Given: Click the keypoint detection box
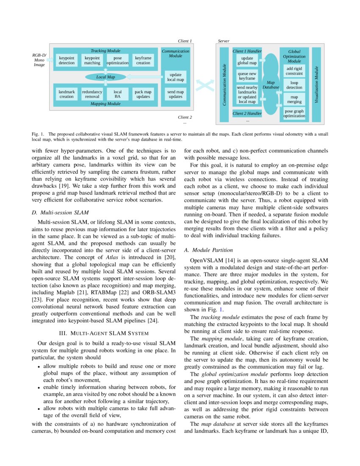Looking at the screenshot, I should coord(66,61).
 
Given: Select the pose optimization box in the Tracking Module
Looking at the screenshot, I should coord(117,61).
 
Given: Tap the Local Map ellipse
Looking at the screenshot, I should coord(105,77).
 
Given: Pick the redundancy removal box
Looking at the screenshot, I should coord(92,94).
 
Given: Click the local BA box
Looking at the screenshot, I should coord(117,94).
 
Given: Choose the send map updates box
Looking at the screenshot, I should coord(175,94).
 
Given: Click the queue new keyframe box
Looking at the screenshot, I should coord(247,76).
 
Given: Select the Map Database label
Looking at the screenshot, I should coord(271,85).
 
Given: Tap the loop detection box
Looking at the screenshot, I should coord(294,85).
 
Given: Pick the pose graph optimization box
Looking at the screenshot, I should coord(294,114).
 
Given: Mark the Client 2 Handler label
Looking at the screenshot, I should coord(247,114).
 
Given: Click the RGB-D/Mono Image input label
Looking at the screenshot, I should coord(39,60).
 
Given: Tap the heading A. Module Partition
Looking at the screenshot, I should coord(209,250).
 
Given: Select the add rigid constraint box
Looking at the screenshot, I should coord(294,71).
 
